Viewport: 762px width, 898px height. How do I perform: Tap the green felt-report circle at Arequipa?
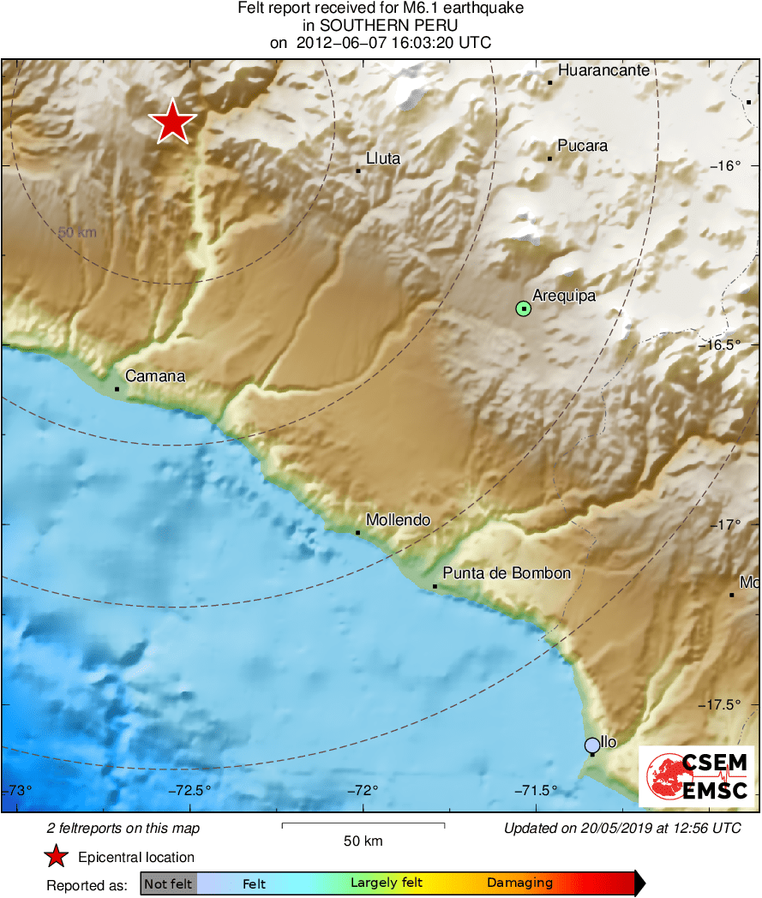click(524, 308)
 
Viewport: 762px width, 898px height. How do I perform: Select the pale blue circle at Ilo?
click(591, 745)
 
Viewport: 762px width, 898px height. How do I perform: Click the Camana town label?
click(155, 376)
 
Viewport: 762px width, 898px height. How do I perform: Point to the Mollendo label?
click(398, 520)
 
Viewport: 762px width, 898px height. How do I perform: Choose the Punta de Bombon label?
click(507, 573)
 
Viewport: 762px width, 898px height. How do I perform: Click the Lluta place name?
click(383, 159)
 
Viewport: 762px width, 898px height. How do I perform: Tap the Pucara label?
click(582, 146)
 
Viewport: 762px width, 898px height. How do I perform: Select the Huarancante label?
click(603, 71)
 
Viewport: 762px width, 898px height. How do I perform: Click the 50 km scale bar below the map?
click(363, 826)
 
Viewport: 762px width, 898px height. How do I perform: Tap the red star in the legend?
click(57, 857)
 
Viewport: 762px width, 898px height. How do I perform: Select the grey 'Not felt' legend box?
click(168, 883)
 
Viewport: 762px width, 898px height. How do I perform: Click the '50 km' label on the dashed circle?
click(77, 232)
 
